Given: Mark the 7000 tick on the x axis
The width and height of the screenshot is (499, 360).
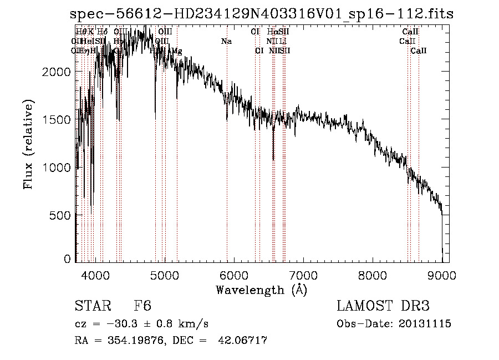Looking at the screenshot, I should point(303,274).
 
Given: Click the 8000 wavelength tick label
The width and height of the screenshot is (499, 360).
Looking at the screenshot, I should point(373,274).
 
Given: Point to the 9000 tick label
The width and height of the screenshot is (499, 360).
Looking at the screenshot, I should point(442,274).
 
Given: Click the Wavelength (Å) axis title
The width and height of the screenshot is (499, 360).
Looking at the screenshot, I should point(261,290).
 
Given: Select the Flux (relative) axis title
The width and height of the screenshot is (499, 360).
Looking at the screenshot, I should point(28,144).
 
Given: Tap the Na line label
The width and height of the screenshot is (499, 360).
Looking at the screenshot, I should point(226,42).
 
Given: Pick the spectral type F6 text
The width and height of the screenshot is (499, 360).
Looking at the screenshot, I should point(142,306).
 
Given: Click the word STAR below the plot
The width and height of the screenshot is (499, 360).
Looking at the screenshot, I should point(92,306).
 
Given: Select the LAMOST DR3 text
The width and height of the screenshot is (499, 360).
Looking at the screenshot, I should point(383,306).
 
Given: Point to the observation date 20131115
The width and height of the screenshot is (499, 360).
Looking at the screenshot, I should point(426,324).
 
